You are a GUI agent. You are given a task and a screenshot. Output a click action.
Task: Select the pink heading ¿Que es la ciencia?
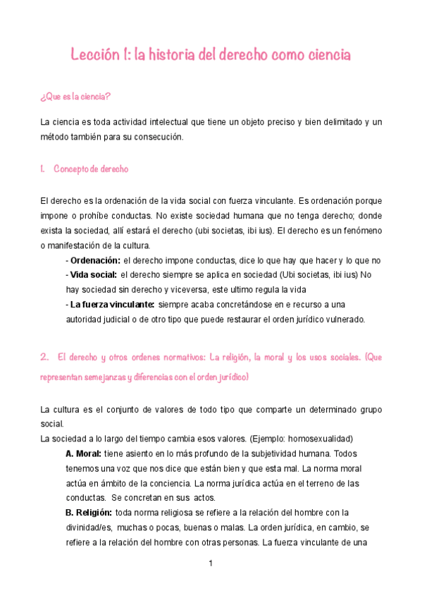(x=76, y=96)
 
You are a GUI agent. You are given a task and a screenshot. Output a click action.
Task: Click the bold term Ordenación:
(x=94, y=260)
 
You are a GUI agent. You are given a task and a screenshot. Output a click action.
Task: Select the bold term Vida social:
(x=93, y=274)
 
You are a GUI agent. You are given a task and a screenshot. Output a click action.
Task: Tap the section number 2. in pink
(x=45, y=358)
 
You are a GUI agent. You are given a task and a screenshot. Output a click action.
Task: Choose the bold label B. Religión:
(x=89, y=513)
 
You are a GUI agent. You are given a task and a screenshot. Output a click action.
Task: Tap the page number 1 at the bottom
(x=210, y=564)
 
